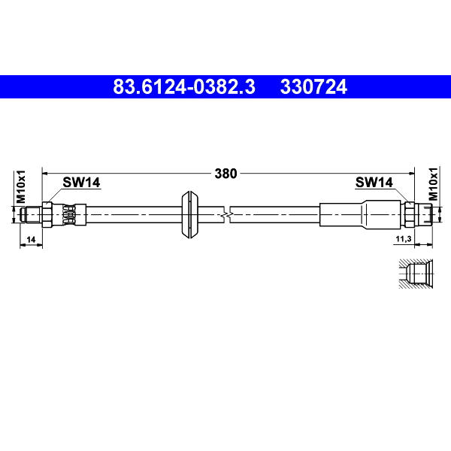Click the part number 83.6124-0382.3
click(184, 87)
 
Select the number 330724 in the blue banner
click(313, 87)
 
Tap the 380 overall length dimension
click(225, 174)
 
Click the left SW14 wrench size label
click(81, 183)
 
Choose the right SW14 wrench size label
click(374, 183)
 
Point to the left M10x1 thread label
click(21, 186)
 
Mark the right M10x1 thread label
click(433, 184)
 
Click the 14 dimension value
click(31, 239)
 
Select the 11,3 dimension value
click(404, 239)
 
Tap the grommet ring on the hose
click(189, 214)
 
